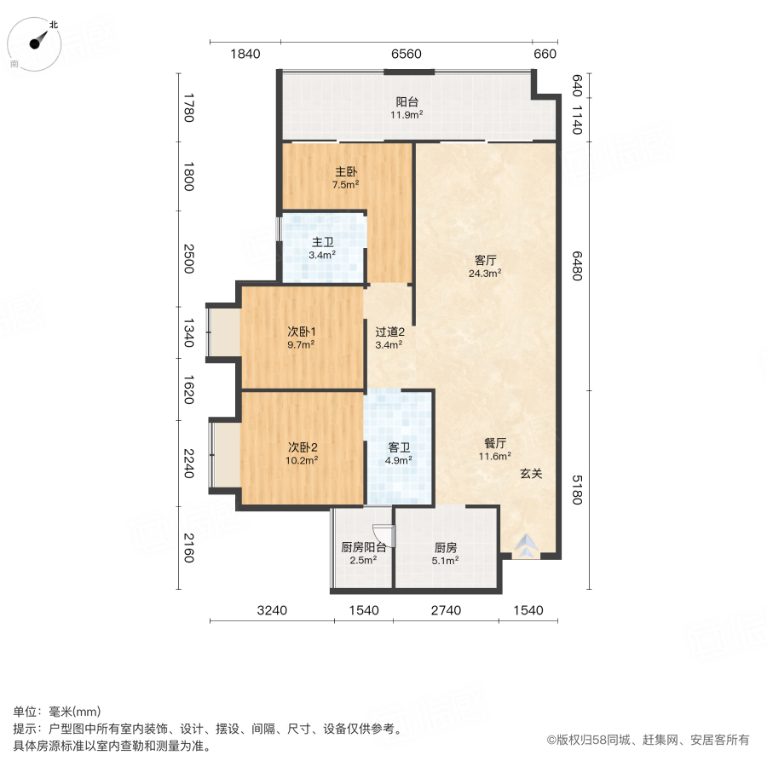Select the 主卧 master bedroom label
pos(345,170)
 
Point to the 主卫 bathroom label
pos(322,241)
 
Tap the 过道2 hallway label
pos(389,332)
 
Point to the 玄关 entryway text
pos(532,474)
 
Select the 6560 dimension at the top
pos(407,55)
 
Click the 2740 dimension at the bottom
pos(446,610)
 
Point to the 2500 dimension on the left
pos(189,259)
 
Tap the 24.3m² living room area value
pos(485,274)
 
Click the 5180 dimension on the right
pos(578,488)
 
